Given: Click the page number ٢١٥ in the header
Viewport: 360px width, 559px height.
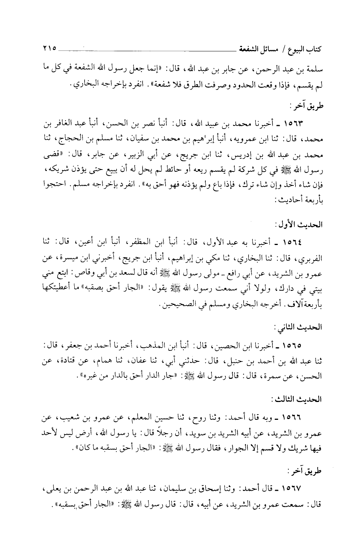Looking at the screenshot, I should pos(49,49).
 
